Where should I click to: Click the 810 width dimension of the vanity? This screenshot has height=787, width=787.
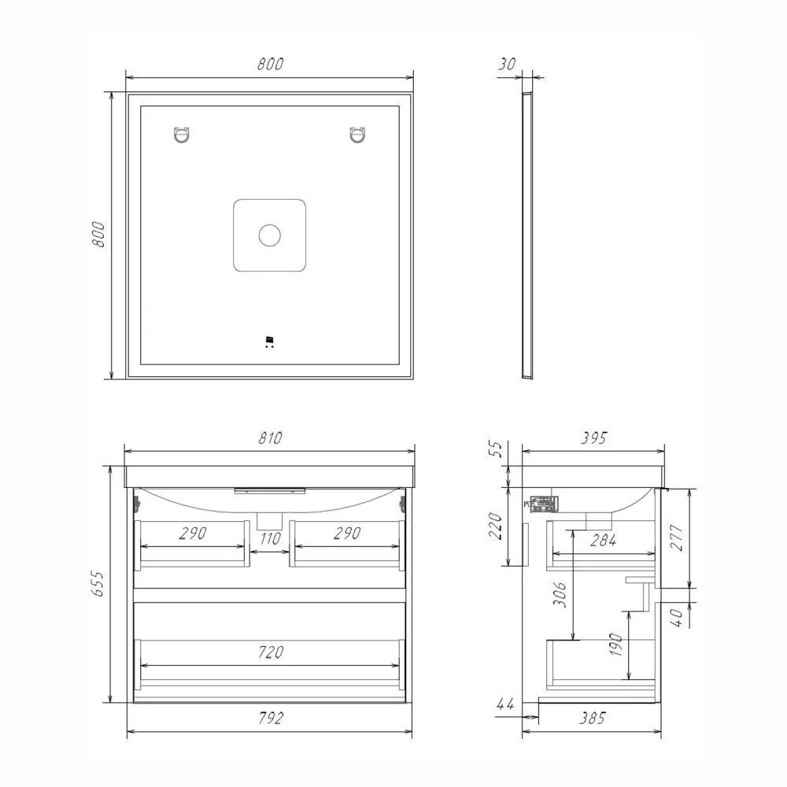[x=271, y=438]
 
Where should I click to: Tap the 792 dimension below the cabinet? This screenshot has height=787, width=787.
[x=271, y=719]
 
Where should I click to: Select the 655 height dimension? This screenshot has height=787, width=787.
[x=98, y=584]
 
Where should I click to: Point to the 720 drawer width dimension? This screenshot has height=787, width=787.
[x=271, y=652]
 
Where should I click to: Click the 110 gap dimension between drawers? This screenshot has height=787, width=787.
[x=270, y=539]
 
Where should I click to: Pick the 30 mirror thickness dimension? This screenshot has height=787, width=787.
[x=507, y=65]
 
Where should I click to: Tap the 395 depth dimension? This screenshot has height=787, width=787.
[x=593, y=438]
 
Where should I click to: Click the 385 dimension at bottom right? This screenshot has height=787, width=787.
[x=593, y=719]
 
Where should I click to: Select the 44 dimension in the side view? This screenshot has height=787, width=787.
[x=505, y=704]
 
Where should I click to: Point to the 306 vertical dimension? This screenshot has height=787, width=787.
[x=560, y=594]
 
